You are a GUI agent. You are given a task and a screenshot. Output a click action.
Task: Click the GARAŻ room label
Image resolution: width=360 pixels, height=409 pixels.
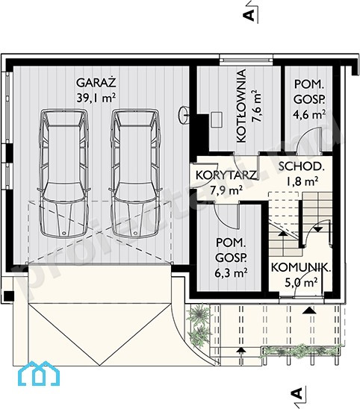96,82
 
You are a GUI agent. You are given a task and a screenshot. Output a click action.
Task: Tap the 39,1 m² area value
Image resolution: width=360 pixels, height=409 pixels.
96,98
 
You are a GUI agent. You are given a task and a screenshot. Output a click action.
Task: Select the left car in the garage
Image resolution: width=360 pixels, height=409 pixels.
63,173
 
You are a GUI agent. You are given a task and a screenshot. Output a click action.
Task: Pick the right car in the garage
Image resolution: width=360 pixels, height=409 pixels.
135,173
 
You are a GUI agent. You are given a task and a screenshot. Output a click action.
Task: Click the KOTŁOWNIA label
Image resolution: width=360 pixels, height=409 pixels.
241,106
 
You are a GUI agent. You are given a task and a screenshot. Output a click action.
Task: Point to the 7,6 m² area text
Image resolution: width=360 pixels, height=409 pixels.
256,106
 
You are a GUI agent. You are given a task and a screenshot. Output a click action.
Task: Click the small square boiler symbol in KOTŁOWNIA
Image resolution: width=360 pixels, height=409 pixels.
217,119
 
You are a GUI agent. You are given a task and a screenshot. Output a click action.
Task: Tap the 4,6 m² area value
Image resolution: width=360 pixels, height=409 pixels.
310,114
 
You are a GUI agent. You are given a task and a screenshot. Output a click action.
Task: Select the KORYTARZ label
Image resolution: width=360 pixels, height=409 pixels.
226,175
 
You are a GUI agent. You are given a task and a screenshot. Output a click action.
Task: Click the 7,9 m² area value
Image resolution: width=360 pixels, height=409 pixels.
226,190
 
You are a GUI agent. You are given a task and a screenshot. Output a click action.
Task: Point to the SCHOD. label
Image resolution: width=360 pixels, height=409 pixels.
302,166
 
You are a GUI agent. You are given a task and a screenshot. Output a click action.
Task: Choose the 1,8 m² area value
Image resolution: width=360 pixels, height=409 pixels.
302,181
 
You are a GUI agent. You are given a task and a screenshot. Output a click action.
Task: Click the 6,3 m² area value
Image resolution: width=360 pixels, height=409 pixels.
231,273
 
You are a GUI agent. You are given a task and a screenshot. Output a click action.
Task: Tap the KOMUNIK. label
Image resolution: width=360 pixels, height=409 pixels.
301,268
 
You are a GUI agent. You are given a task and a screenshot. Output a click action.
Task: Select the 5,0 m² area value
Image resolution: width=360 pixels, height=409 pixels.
301,282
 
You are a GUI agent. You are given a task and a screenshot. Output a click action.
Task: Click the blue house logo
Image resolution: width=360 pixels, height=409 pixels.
39,373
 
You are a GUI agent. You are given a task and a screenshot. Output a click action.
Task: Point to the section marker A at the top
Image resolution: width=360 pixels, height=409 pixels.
249,16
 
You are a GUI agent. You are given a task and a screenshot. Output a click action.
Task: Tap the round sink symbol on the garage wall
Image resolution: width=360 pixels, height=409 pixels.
184,115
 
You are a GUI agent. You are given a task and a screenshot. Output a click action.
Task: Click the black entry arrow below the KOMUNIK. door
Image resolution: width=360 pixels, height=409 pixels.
309,310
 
